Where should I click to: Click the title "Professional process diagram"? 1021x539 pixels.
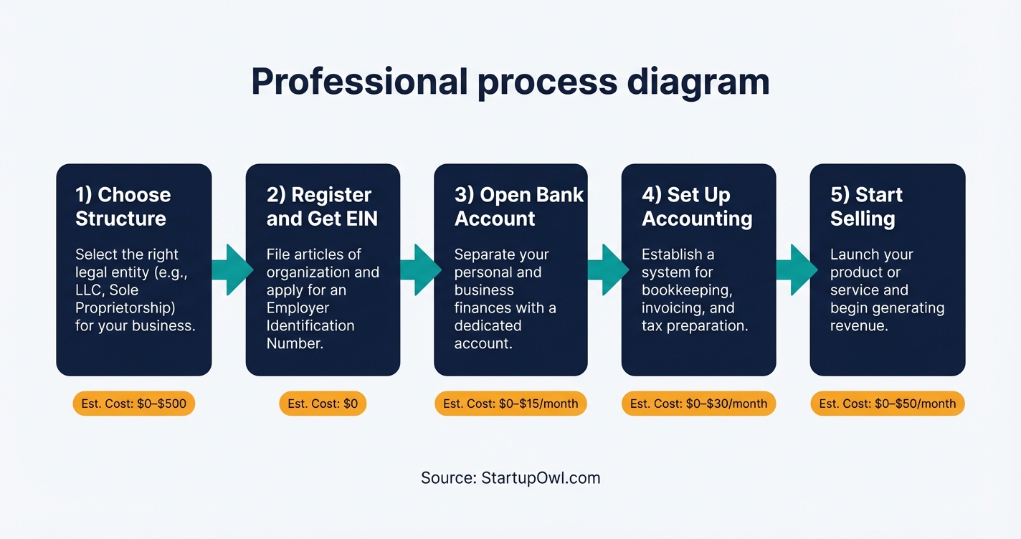tap(510, 82)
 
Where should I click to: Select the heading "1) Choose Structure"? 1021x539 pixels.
tap(123, 206)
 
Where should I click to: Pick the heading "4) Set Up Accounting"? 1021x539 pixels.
tap(697, 206)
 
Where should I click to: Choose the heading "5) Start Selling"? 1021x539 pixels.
tap(866, 206)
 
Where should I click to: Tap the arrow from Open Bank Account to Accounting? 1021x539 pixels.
tap(608, 269)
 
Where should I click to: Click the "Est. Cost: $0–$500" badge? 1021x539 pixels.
tap(134, 404)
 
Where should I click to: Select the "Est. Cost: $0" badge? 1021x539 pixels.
tap(323, 404)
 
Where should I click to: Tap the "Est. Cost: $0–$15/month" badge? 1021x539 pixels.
tap(510, 404)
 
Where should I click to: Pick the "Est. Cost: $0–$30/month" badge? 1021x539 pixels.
tap(698, 404)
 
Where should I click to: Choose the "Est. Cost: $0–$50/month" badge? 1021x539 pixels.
tap(888, 404)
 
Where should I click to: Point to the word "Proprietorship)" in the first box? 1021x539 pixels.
tap(125, 307)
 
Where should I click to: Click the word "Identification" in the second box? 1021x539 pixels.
tap(310, 325)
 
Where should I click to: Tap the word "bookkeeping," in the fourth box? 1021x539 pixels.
tap(686, 290)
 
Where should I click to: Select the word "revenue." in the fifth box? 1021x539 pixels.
tap(859, 325)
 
